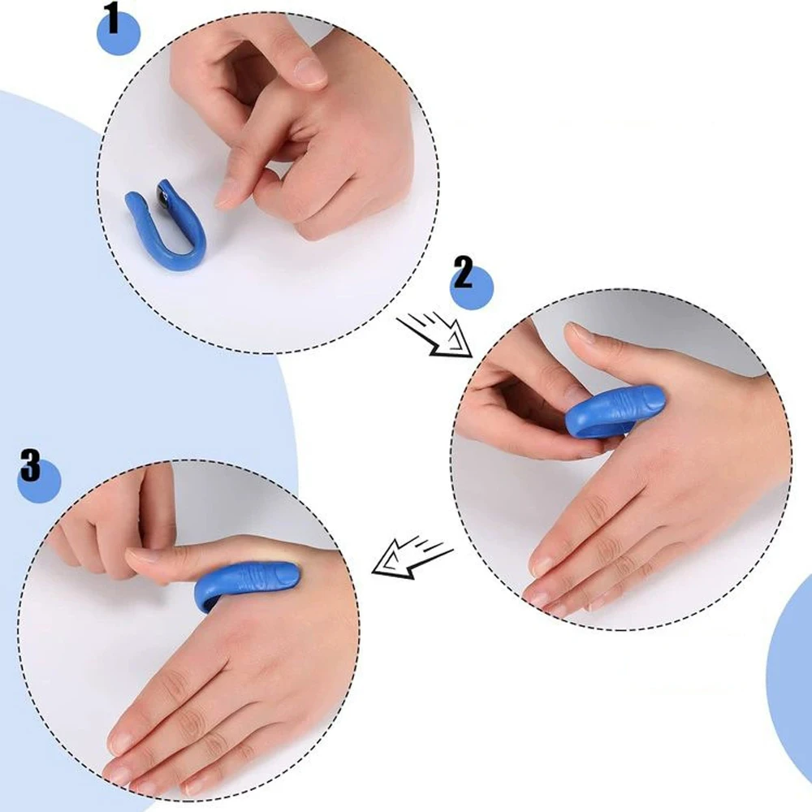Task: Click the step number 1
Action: click(x=111, y=19)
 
